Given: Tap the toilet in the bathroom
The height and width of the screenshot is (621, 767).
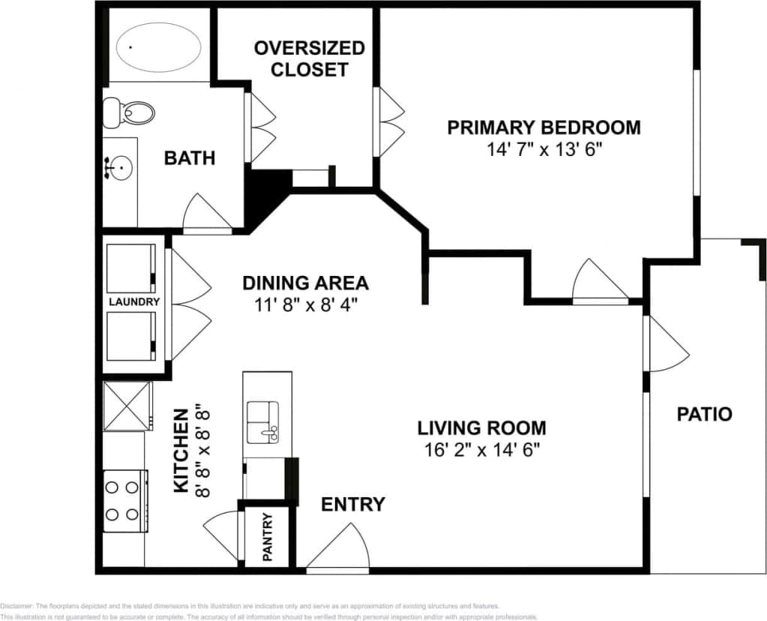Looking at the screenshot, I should pyautogui.click(x=130, y=112).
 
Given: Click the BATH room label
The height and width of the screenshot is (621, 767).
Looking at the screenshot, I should pyautogui.click(x=190, y=158).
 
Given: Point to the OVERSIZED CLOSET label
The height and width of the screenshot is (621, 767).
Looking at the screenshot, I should pyautogui.click(x=310, y=59).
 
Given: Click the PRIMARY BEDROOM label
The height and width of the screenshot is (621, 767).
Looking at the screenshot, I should pyautogui.click(x=544, y=127).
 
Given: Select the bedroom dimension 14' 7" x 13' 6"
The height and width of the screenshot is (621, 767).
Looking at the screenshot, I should pyautogui.click(x=544, y=149).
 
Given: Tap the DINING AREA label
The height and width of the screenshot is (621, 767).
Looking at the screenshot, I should pyautogui.click(x=305, y=283).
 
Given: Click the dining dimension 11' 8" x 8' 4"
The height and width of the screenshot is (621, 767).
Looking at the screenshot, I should pyautogui.click(x=305, y=305).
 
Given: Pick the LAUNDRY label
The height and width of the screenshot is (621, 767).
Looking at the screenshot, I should pyautogui.click(x=134, y=302).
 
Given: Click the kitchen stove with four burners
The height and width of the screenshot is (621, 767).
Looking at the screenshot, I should pyautogui.click(x=124, y=501).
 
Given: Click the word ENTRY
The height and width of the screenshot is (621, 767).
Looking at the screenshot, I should pyautogui.click(x=353, y=505).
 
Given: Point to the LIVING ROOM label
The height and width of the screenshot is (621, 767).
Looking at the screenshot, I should pyautogui.click(x=481, y=428).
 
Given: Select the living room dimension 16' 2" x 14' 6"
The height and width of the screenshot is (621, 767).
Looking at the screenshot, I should pyautogui.click(x=481, y=450).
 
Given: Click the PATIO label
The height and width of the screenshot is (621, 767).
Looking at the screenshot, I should pyautogui.click(x=704, y=414).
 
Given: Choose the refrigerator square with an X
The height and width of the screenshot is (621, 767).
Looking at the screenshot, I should pyautogui.click(x=127, y=406).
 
